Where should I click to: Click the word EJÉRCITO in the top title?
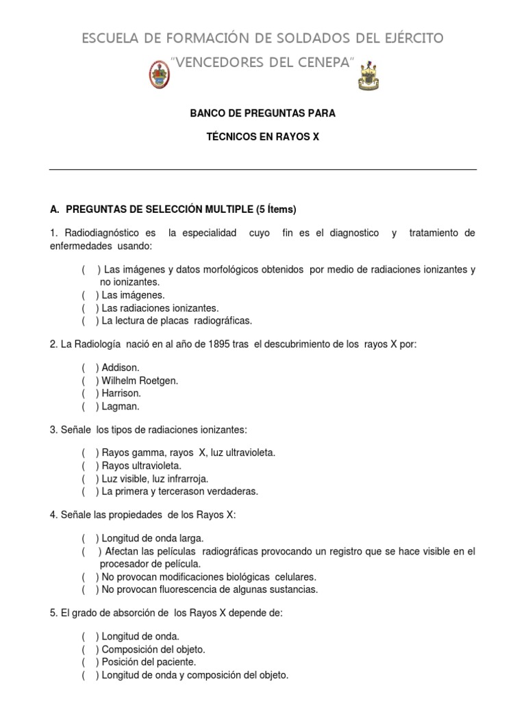pyautogui.click(x=408, y=38)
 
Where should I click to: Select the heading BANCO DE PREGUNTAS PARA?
pyautogui.click(x=262, y=113)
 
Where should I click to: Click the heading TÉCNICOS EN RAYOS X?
pyautogui.click(x=262, y=137)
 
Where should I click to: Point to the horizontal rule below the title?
pyautogui.click(x=262, y=169)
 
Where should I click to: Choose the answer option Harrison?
pyautogui.click(x=121, y=393)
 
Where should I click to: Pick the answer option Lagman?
pyautogui.click(x=120, y=406)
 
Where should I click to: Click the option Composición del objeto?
pyautogui.click(x=153, y=649)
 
